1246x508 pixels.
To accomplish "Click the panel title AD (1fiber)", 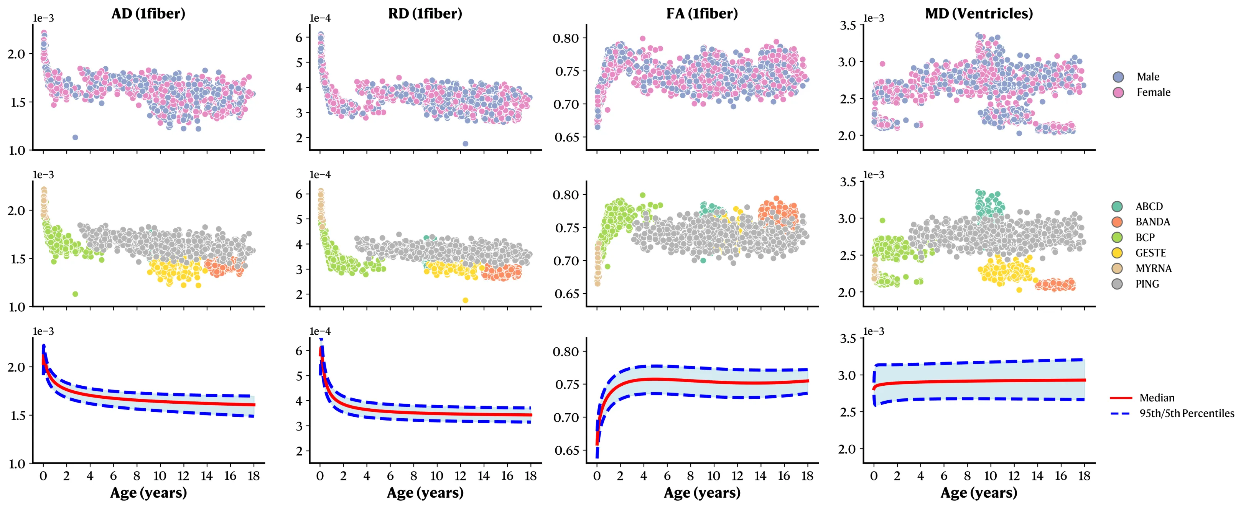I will click(x=148, y=13).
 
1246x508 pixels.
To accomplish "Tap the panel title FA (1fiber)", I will click(x=702, y=13).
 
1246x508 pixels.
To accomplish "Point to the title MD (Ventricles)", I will click(x=979, y=13).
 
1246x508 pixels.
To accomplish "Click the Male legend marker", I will click(x=1118, y=77).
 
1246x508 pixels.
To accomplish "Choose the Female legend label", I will click(x=1153, y=92).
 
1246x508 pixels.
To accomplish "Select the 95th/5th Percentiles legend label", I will click(x=1187, y=413).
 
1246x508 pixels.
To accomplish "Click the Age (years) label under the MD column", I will click(x=979, y=493).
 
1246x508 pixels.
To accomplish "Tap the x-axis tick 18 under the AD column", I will click(x=253, y=476).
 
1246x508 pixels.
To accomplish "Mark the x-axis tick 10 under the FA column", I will click(x=713, y=476).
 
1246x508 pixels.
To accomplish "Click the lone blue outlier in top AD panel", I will click(x=75, y=137).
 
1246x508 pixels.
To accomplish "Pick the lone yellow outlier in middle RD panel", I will click(x=465, y=300).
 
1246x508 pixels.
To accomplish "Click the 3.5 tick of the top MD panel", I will click(x=848, y=25).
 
